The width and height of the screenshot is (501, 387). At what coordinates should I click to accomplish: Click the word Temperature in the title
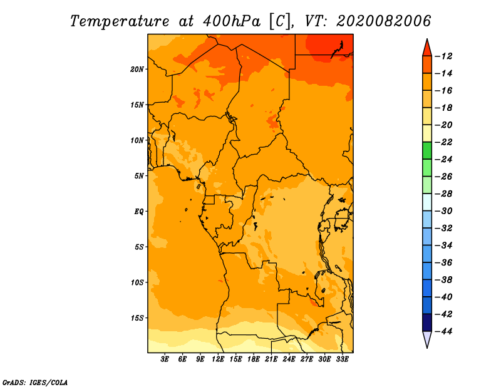tap(120, 21)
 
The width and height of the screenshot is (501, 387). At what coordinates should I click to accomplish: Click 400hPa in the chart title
tap(232, 21)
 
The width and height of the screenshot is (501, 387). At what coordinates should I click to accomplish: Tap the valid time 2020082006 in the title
tap(384, 21)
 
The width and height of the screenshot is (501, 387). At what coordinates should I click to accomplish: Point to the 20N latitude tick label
tap(137, 70)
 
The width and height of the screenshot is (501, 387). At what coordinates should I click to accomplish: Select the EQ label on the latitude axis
tap(138, 212)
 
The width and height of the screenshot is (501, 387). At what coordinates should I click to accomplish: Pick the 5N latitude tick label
tap(139, 176)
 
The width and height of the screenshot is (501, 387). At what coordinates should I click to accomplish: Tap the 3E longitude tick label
tap(165, 359)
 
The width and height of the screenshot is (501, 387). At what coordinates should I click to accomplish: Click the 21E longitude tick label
tap(271, 359)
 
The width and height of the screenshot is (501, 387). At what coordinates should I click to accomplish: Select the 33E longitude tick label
tap(342, 359)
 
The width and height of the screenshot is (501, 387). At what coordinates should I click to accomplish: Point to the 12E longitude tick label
tap(218, 359)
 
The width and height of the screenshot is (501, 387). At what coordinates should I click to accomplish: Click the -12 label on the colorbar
tap(443, 56)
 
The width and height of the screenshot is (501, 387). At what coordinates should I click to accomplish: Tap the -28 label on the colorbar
tap(443, 194)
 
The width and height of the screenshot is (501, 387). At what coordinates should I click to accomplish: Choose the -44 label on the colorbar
tap(443, 331)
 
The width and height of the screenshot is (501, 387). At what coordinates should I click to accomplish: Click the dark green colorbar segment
tap(427, 150)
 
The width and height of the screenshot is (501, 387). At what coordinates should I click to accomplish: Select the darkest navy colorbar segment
tap(427, 322)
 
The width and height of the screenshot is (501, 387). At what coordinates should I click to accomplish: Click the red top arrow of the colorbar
tap(427, 48)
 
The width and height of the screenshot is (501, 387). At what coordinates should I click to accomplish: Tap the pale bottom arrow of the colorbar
tap(427, 339)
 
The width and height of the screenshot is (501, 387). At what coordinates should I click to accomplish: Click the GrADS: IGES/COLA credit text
tap(35, 383)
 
